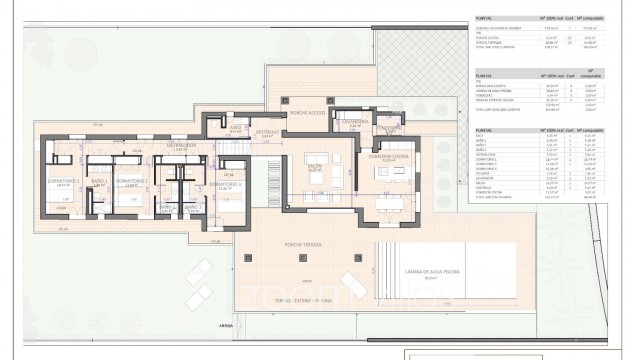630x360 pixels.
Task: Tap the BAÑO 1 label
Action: point(99,180)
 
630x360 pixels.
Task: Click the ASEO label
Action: point(234,126)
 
